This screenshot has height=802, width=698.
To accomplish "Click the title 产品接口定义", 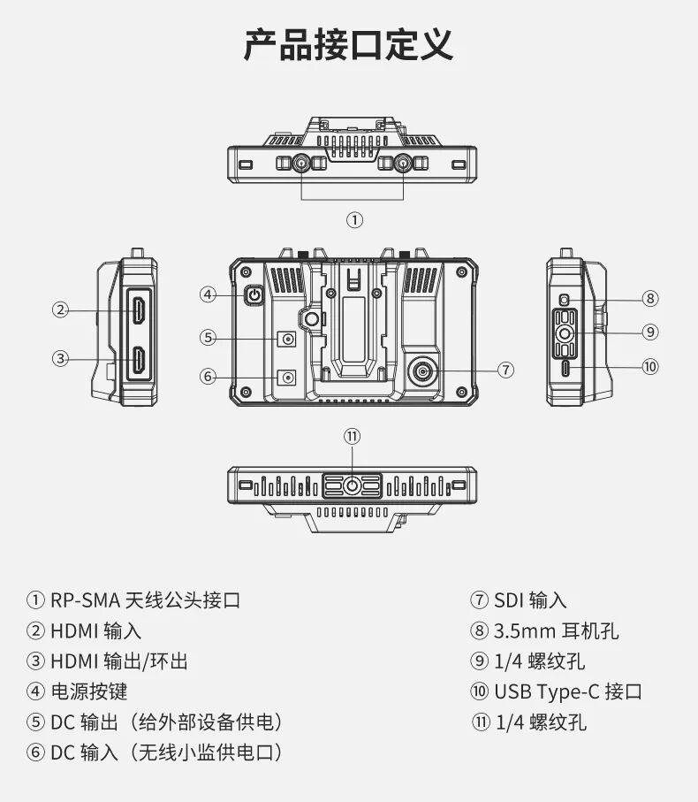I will pos(348,45).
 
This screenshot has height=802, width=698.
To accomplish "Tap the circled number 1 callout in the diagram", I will pos(353,220).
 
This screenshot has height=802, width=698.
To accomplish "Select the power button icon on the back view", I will pos(254,295).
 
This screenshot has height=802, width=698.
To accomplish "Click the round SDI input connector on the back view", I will pos(425,370).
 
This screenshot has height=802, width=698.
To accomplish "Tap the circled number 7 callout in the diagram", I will pos(505,370).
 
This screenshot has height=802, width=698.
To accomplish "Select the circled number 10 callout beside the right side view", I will pos(650,366).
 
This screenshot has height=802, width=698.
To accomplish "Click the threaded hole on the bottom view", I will pos(353,485).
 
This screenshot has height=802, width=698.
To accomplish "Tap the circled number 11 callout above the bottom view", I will pos(353,436).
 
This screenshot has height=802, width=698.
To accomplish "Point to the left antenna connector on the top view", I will pos(300,164).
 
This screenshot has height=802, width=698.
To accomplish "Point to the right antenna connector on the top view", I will pos(404,164).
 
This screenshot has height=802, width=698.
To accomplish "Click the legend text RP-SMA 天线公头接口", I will pos(145,600).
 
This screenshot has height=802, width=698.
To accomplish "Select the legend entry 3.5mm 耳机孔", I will pos(556,630).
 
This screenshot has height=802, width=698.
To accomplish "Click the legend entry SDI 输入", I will pos(530,600).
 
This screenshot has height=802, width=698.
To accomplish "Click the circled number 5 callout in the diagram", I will pos(209,337).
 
